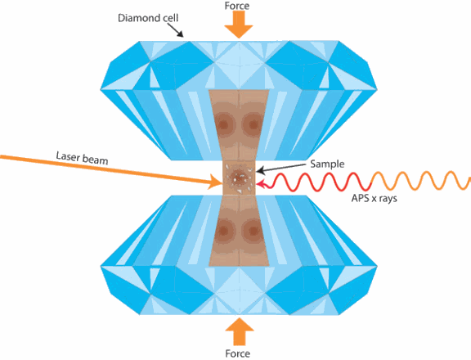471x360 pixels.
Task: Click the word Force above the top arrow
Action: click(237, 6)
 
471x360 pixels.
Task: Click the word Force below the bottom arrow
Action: click(238, 353)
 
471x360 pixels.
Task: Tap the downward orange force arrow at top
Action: click(239, 25)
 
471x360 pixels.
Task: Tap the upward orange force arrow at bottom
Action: click(240, 331)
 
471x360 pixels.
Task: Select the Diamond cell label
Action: click(148, 18)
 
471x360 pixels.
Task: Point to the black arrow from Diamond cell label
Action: click(175, 30)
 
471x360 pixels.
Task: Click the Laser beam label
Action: click(82, 158)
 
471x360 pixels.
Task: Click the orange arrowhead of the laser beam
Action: click(216, 182)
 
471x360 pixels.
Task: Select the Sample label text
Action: click(327, 164)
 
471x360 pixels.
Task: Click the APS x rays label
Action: click(375, 198)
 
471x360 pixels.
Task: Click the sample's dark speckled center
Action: click(239, 178)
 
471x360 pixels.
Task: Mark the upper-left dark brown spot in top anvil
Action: click(224, 124)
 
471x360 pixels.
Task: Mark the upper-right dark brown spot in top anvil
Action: click(253, 124)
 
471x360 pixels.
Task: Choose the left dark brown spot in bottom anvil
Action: click(224, 231)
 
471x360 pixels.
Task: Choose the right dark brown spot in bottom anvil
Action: click(253, 231)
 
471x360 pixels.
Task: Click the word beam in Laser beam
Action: click(95, 160)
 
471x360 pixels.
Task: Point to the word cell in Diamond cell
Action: click(171, 18)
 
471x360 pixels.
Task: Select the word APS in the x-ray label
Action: click(359, 198)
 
